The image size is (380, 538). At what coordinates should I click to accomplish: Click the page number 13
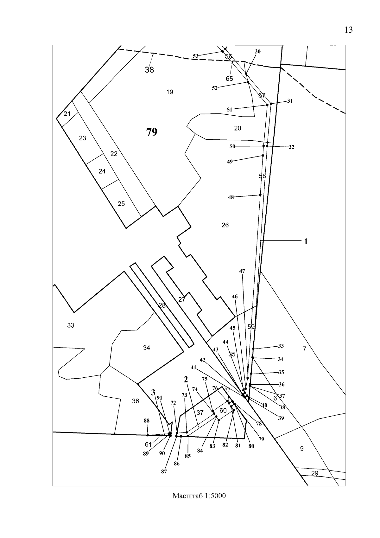(348, 30)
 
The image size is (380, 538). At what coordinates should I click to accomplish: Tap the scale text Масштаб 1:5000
(199, 496)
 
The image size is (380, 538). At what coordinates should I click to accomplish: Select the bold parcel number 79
(152, 132)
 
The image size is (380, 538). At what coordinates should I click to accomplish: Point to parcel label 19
(169, 92)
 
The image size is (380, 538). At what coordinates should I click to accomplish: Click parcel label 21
(67, 114)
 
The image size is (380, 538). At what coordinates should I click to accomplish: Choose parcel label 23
(82, 138)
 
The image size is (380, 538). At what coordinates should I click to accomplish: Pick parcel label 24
(102, 171)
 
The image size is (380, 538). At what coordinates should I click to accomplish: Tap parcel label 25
(121, 204)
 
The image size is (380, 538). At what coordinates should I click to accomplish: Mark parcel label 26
(225, 225)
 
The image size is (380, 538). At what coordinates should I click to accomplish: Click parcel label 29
(314, 473)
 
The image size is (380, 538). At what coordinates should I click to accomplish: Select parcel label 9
(302, 449)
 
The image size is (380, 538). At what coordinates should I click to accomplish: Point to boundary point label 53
(196, 56)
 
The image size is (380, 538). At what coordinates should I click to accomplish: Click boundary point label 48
(231, 197)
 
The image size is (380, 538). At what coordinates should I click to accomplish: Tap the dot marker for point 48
(260, 195)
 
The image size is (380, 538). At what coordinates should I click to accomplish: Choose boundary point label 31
(290, 101)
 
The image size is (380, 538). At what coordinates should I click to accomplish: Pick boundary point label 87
(164, 471)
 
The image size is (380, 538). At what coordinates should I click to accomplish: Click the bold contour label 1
(306, 242)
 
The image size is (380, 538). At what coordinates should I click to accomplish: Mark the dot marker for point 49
(263, 156)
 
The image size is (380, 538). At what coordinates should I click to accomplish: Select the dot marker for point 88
(148, 435)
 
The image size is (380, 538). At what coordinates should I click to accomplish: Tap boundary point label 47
(242, 271)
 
